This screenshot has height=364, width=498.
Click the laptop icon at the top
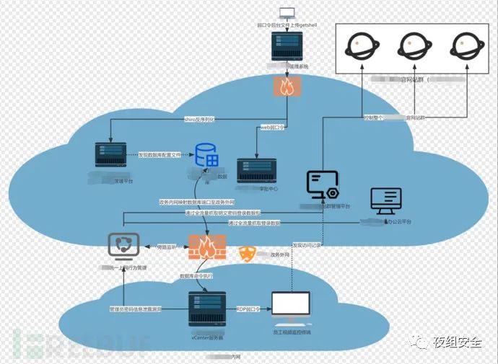tap(287, 12)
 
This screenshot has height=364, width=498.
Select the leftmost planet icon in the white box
tap(359, 45)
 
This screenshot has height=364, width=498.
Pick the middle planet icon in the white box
tap(410, 45)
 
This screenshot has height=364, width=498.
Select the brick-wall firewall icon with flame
tap(207, 248)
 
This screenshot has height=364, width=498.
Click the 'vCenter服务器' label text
tap(208, 337)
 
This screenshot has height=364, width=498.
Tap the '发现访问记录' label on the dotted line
tap(307, 244)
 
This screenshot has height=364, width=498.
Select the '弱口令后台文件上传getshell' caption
tap(288, 24)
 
